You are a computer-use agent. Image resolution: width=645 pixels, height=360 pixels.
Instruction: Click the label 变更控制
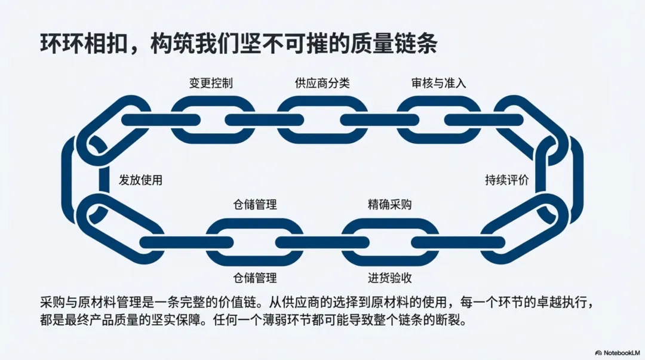tap(211, 83)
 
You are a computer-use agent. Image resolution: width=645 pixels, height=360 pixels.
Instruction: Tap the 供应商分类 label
tap(322, 83)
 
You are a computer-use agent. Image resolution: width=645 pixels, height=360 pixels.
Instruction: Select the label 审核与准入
tap(438, 83)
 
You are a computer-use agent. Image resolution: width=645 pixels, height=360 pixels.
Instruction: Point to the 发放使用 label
tap(140, 180)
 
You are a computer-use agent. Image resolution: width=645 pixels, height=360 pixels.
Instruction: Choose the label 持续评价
tap(506, 180)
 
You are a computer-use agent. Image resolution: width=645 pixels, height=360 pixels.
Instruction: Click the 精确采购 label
tap(389, 205)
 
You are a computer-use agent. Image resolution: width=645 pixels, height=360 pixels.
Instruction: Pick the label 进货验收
tap(389, 278)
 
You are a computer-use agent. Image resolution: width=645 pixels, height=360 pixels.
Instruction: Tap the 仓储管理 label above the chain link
tap(254, 205)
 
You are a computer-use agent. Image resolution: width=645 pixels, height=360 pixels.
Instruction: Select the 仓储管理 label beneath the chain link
tap(254, 278)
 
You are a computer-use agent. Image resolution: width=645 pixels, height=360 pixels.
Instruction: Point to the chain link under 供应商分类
tap(322, 119)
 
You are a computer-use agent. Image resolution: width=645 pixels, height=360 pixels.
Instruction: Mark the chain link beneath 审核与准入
tap(439, 119)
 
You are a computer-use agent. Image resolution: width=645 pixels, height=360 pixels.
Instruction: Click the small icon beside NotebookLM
tap(598, 353)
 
